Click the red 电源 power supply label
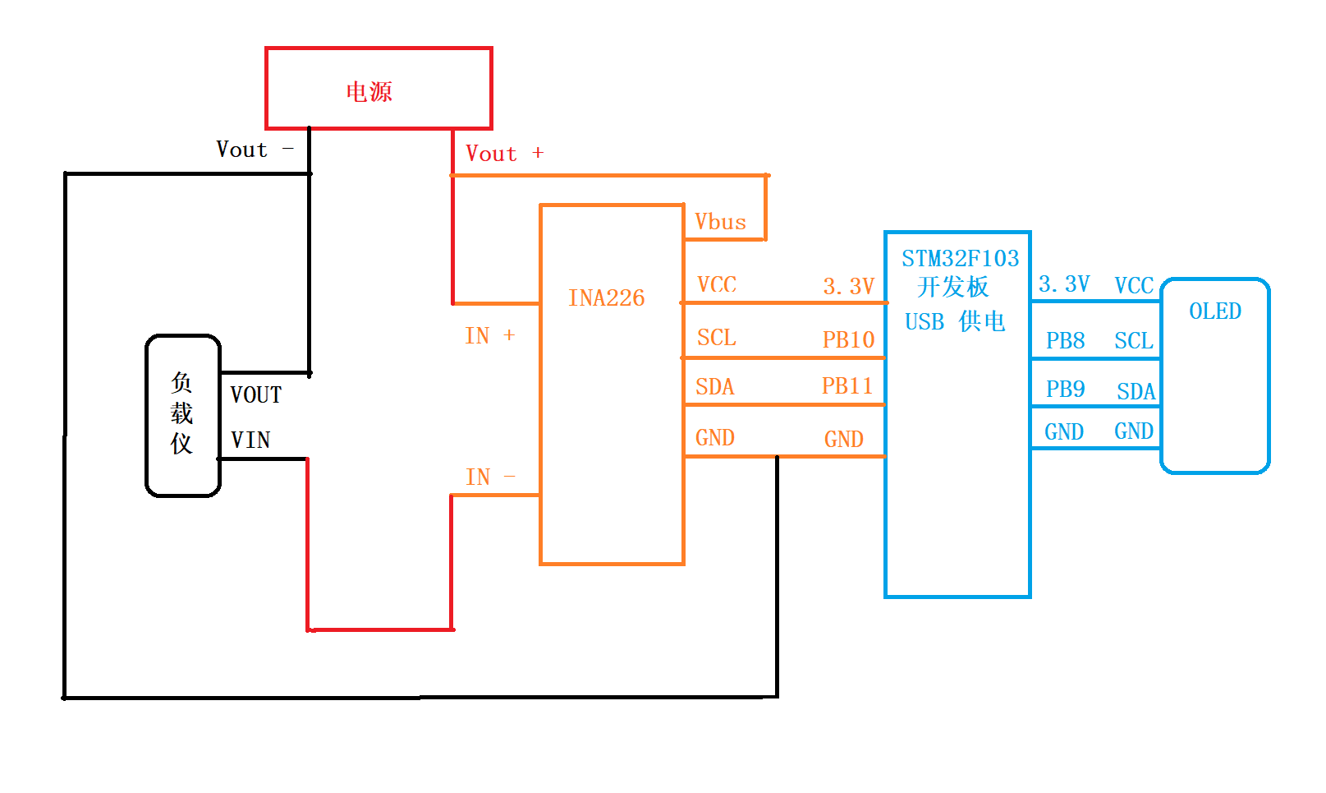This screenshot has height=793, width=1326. (369, 91)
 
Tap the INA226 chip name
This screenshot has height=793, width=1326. (606, 297)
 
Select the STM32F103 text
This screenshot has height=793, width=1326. (960, 258)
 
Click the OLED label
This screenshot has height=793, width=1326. (1215, 311)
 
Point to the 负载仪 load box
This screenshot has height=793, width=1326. (182, 415)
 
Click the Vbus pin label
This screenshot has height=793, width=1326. (720, 222)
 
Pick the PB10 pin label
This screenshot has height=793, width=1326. (848, 339)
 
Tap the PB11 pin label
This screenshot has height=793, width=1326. (847, 385)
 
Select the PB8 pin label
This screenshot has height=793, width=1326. (1065, 340)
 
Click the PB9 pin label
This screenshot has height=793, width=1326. (1065, 389)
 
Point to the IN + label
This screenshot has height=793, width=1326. (489, 335)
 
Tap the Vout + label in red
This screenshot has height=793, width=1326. (504, 154)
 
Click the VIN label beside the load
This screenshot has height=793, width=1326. (250, 440)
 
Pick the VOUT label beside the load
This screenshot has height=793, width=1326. (255, 395)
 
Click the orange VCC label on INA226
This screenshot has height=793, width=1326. (716, 284)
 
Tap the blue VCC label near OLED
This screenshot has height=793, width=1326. (1134, 285)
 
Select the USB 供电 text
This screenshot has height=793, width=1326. (955, 321)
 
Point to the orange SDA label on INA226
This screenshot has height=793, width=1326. (714, 386)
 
